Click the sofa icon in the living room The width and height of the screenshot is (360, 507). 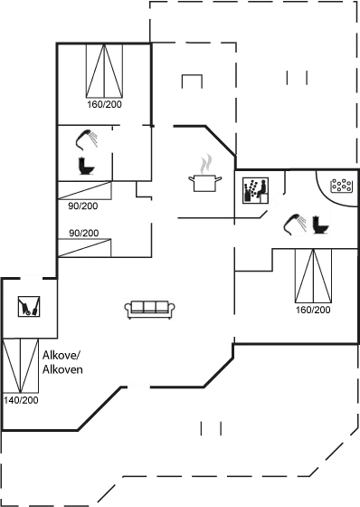[149, 309]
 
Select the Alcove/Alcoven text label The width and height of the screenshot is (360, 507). [63, 363]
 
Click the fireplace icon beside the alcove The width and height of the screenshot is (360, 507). [29, 308]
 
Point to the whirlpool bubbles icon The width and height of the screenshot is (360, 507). [341, 187]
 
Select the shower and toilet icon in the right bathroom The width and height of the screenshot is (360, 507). [305, 223]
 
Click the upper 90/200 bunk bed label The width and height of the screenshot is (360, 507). [83, 206]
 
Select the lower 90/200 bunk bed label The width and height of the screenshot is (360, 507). [83, 234]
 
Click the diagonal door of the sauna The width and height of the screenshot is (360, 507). [272, 204]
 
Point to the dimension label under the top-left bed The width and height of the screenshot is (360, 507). [104, 105]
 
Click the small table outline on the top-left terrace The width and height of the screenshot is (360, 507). [191, 81]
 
